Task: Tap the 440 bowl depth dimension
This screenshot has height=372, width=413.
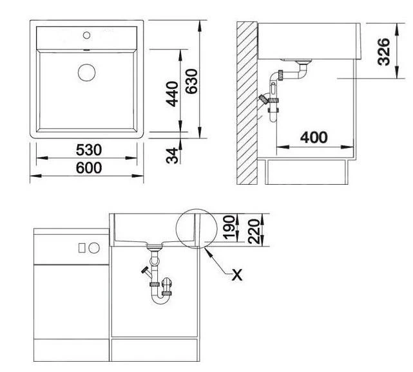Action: [171, 93]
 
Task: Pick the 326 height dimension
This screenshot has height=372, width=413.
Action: [383, 50]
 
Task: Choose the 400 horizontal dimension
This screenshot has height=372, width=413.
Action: [314, 137]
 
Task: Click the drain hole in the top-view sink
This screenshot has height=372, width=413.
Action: [86, 71]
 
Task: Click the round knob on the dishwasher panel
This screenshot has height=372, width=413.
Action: [93, 246]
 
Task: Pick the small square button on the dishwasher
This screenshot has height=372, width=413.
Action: [82, 246]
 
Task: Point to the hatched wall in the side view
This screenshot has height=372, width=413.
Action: [245, 103]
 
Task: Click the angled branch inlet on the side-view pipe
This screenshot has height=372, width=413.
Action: [264, 100]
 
